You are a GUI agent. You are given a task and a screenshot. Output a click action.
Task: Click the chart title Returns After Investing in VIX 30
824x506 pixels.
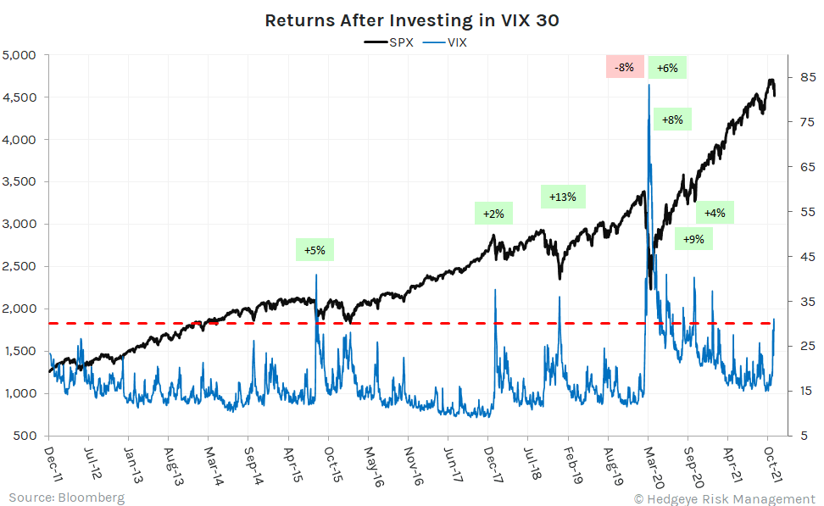(x=412, y=20)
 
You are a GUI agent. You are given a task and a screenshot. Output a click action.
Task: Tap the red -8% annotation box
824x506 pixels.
(x=625, y=67)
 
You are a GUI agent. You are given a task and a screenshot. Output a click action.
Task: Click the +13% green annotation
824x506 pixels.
(x=563, y=197)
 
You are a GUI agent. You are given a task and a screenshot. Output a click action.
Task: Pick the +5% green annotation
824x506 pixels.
(x=315, y=250)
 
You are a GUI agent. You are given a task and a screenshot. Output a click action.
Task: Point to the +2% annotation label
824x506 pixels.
(x=494, y=214)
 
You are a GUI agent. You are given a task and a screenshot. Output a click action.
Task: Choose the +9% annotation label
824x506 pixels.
(x=693, y=239)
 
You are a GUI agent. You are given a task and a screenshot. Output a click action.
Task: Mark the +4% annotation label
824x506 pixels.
(x=715, y=213)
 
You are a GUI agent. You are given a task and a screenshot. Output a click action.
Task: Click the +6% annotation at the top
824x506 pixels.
(x=667, y=68)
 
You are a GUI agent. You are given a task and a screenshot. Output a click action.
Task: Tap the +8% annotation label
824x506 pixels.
(x=671, y=120)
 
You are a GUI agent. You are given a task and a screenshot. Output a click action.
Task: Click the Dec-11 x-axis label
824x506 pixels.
(x=49, y=464)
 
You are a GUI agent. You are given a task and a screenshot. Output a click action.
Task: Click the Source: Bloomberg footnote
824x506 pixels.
(x=67, y=497)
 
